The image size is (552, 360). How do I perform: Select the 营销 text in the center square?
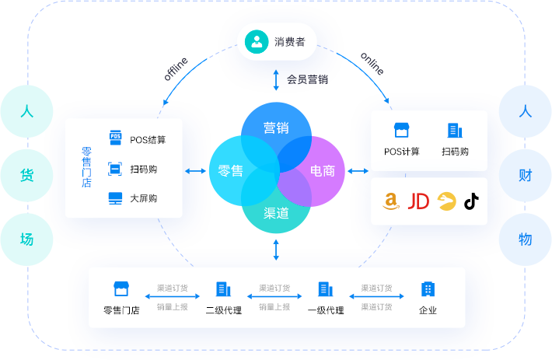277,128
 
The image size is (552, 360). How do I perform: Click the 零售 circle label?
231,170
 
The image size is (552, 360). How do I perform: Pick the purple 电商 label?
323,170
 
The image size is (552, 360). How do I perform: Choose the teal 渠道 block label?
277,212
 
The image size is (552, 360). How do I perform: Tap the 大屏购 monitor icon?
115,198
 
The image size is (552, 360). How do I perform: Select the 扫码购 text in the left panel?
144,169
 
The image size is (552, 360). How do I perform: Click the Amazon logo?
392,201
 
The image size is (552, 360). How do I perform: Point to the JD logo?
418,201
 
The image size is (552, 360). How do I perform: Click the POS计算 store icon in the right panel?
401,131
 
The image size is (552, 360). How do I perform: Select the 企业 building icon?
428,289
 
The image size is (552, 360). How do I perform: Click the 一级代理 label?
326,310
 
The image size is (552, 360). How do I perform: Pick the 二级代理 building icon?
223,289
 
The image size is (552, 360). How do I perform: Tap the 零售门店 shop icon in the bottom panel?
121,289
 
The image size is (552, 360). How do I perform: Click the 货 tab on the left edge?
26,175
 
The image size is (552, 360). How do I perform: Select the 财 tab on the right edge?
526,175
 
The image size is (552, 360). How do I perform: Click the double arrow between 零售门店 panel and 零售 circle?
196,170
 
